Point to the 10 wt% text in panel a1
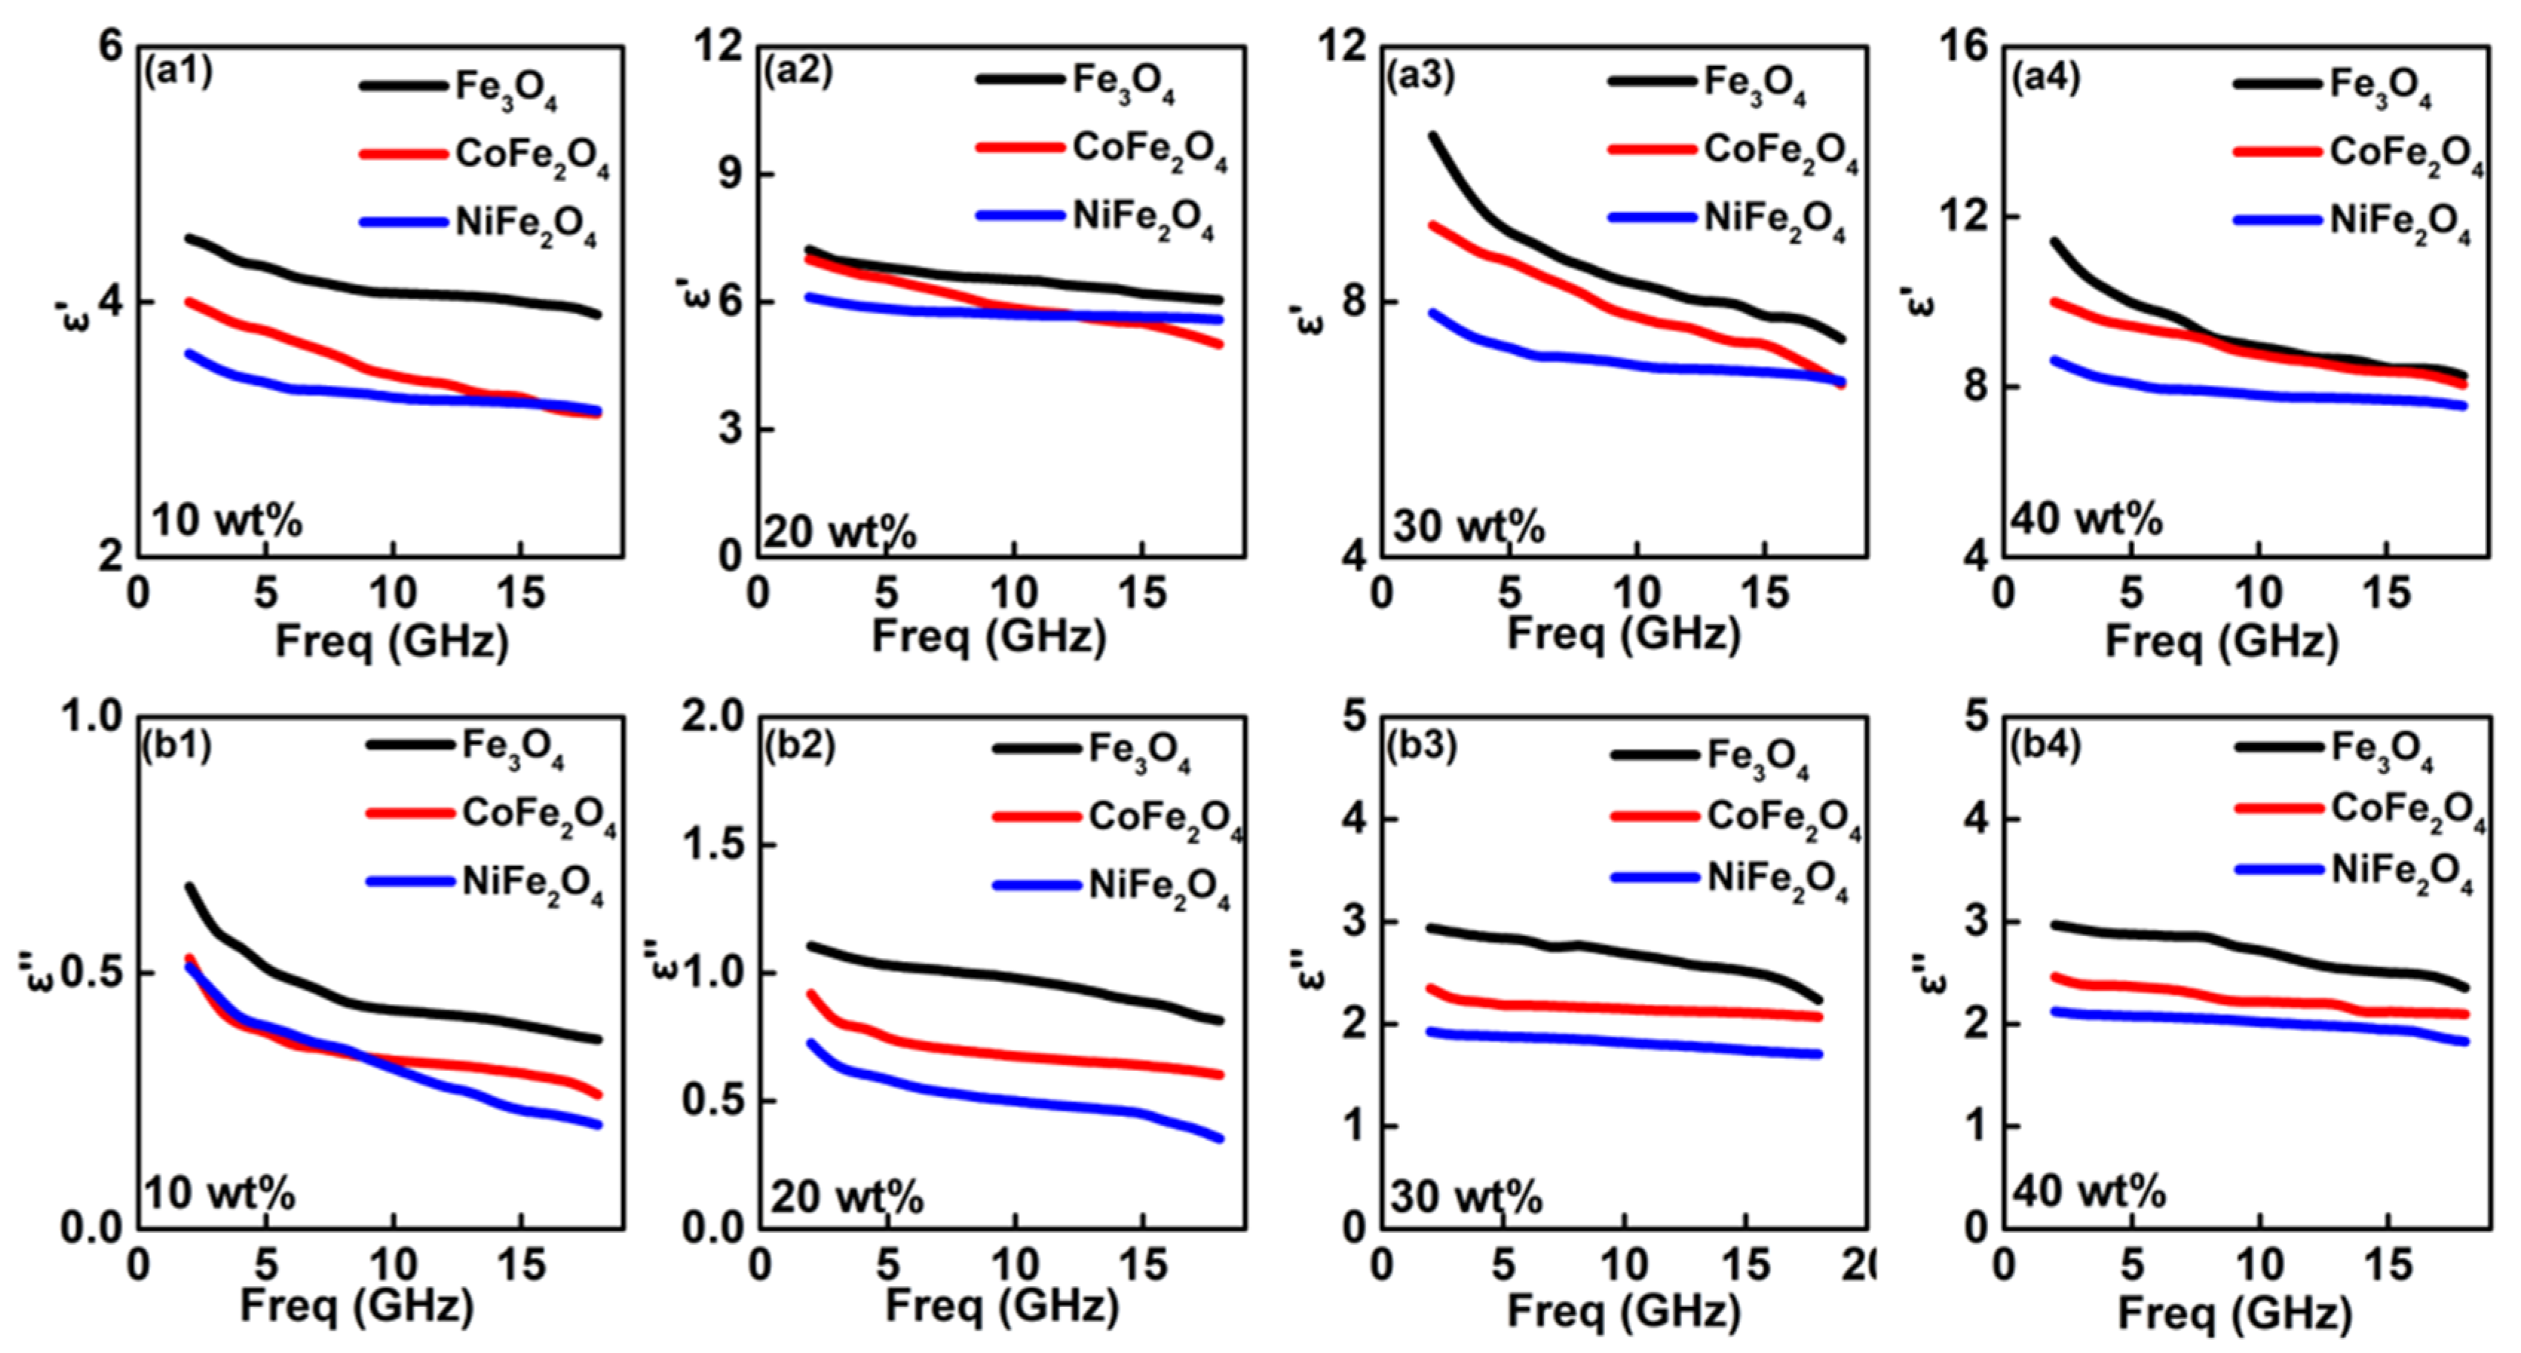point(227,520)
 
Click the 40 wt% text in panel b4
point(2088,1190)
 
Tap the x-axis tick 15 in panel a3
point(1765,593)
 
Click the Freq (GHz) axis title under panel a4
point(2222,642)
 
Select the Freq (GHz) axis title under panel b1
point(357,1307)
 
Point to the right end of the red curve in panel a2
point(1220,344)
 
